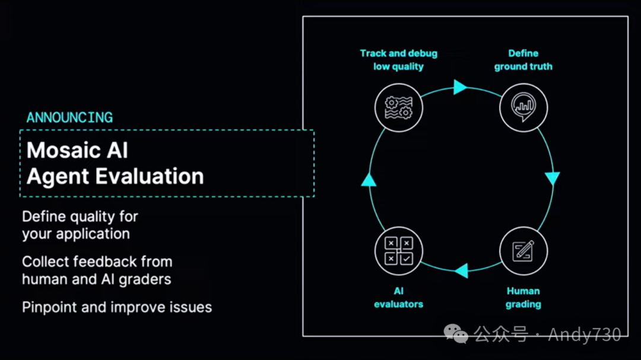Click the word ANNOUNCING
click(69, 117)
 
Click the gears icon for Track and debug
click(398, 107)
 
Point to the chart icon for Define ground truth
click(523, 107)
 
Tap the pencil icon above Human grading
click(523, 251)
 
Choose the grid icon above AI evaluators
click(398, 251)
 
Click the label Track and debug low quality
click(398, 60)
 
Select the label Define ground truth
click(523, 60)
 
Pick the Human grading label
click(523, 297)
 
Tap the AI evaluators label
click(398, 297)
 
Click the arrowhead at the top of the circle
click(460, 87)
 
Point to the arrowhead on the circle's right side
click(553, 178)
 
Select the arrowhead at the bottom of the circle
click(461, 271)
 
